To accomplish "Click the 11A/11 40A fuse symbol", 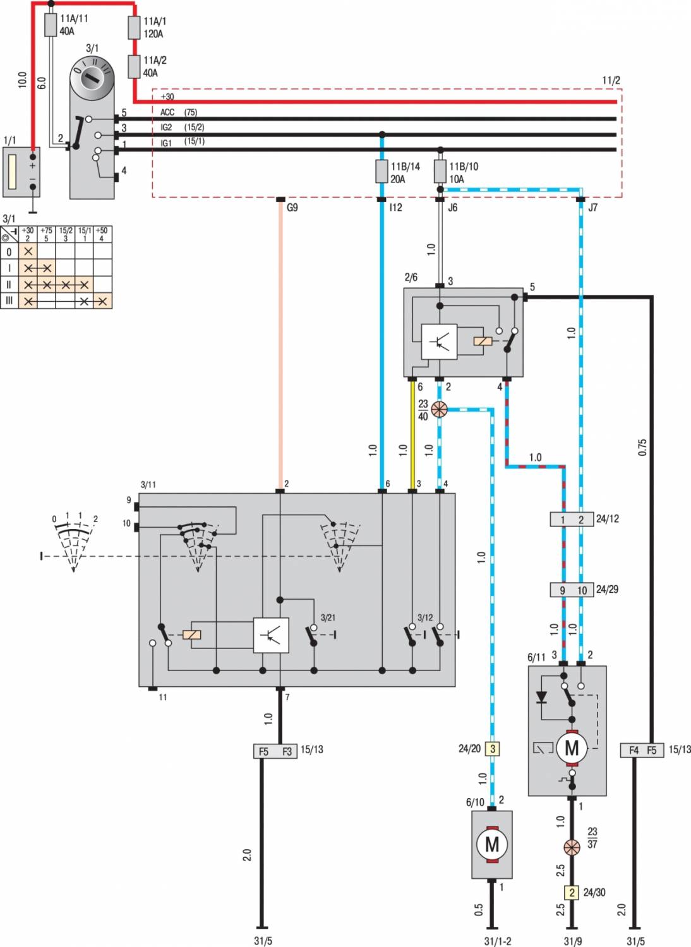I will (51, 26).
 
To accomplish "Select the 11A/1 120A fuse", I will (133, 27).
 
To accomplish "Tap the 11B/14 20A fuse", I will (382, 171).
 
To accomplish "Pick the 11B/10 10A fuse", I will (440, 171).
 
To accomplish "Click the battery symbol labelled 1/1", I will (21, 172).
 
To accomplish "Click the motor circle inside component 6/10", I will (492, 845).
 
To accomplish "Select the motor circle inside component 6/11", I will (572, 748).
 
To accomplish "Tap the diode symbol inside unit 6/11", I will (541, 697).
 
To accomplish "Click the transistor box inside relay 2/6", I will (439, 342).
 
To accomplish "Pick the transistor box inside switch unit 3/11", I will (271, 635).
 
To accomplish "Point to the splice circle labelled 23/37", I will (572, 847).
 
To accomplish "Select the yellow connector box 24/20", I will (493, 749).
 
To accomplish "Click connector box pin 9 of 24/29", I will (562, 590).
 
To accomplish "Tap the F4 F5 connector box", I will (642, 750).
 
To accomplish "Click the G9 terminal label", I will (292, 207).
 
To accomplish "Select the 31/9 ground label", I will (573, 941).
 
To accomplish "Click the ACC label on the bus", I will (167, 112).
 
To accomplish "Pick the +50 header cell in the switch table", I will (102, 234).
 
